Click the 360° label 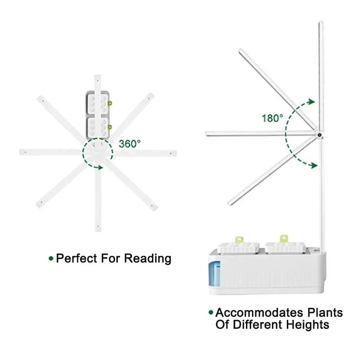129,144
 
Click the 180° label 272,118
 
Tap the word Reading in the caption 148,258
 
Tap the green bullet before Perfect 51,258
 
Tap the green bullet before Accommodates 210,312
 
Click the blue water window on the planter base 214,273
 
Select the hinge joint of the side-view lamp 320,135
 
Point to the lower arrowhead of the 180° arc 316,165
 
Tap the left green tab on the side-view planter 240,239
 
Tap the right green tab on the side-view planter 284,238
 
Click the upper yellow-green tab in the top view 110,103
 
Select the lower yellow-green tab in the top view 110,127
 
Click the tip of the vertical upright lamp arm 320,23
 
